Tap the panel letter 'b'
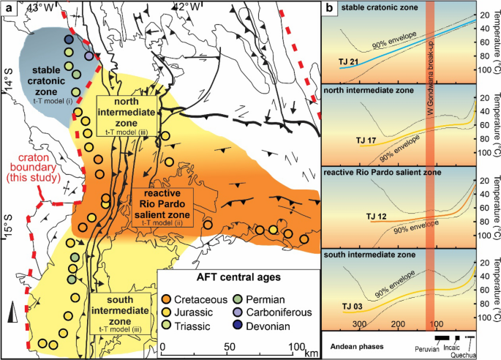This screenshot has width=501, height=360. [330, 9]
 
